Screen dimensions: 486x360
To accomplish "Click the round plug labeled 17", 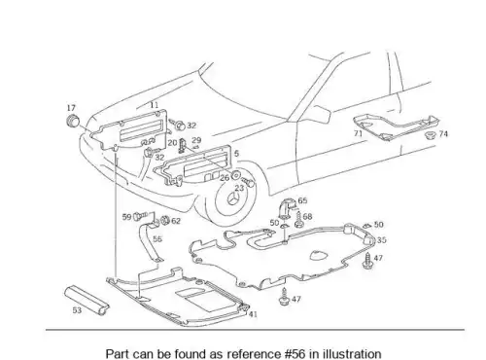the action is point(73,121).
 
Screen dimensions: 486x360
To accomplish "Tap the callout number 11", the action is point(155,105).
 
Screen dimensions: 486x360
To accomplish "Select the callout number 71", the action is point(358,133).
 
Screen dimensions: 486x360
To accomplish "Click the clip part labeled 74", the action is point(431,135).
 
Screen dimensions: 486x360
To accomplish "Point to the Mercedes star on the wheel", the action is point(234,198).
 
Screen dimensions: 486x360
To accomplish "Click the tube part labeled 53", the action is point(87,300).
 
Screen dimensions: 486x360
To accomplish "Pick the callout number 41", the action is point(253,314).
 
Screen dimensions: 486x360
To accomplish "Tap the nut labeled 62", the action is point(165,220).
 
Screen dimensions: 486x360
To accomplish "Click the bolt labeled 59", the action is point(140,215).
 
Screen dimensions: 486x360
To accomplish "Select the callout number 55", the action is point(157,239).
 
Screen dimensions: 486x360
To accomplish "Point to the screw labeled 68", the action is point(298,220).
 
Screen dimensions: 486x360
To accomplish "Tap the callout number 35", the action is point(382,240).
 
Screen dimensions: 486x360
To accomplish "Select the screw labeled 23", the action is point(249,183).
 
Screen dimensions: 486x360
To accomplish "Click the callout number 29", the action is point(196,140).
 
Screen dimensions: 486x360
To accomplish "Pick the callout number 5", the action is point(236,153).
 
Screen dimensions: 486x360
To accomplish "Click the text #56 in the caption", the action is point(295,353).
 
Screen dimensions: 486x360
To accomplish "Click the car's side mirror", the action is point(319,113).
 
